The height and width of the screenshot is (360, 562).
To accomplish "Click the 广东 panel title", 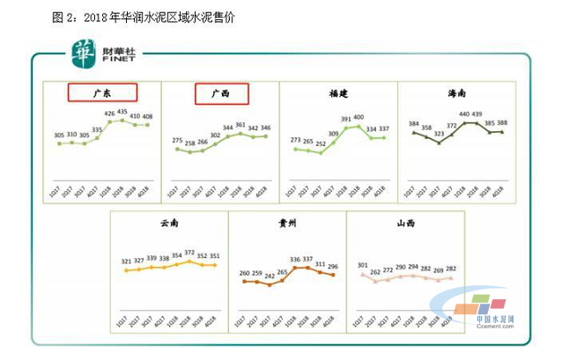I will pyautogui.click(x=101, y=93).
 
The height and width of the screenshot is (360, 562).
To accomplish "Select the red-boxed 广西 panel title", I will pyautogui.click(x=221, y=93).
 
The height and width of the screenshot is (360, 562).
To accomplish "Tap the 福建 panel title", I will pyautogui.click(x=336, y=92).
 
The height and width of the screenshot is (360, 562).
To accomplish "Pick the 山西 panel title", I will pyautogui.click(x=404, y=224).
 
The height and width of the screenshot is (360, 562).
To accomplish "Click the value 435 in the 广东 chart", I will pyautogui.click(x=123, y=112).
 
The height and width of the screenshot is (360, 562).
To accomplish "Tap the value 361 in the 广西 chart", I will pyautogui.click(x=240, y=126).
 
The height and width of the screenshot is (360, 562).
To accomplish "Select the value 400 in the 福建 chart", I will pyautogui.click(x=359, y=117).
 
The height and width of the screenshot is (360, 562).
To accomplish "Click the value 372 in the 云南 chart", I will pyautogui.click(x=189, y=253).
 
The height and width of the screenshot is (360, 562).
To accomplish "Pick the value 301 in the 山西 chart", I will pyautogui.click(x=362, y=264).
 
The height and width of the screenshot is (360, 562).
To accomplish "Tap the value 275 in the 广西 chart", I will pyautogui.click(x=176, y=140).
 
